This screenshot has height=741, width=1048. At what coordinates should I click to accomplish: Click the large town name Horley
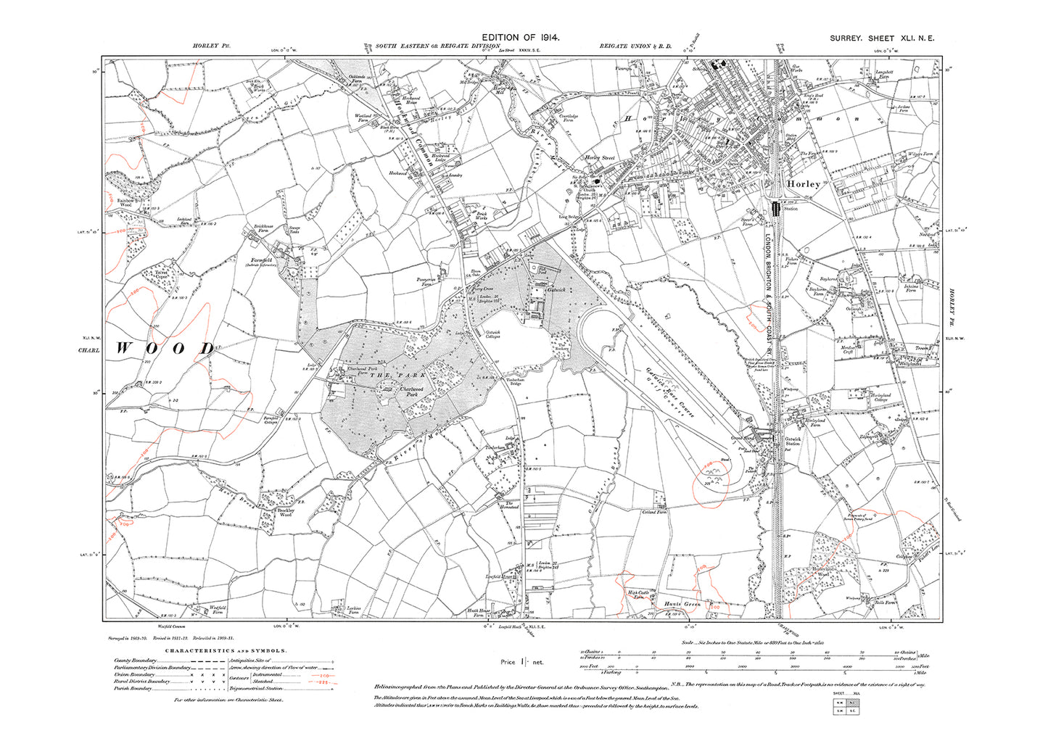(803, 184)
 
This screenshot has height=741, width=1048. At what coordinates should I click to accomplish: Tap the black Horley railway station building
(775, 209)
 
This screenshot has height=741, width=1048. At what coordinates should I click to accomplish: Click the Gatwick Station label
(792, 441)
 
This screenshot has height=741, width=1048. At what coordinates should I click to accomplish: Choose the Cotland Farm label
(654, 513)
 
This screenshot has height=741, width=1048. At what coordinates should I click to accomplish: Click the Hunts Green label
(681, 603)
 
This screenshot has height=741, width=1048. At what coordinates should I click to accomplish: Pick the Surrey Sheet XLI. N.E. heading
(882, 38)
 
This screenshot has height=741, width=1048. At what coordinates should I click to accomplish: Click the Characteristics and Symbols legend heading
(226, 651)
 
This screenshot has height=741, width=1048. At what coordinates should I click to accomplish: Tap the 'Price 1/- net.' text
(521, 662)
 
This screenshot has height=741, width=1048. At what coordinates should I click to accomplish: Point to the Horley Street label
(600, 157)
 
